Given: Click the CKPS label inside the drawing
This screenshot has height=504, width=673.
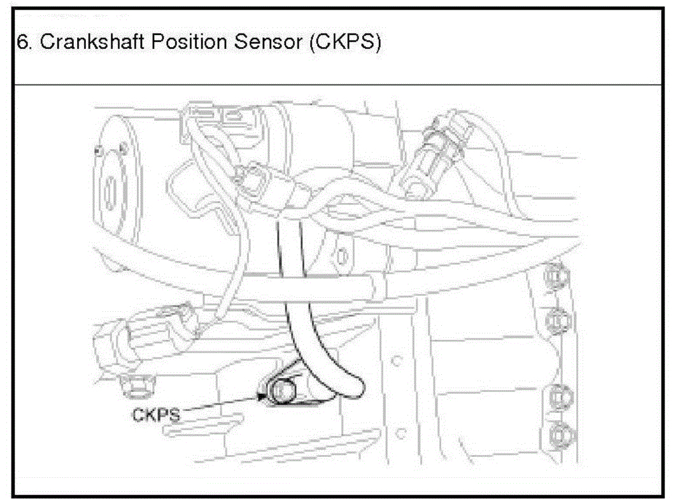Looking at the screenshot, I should tap(156, 415).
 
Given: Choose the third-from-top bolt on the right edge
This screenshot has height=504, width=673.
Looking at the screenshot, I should tap(558, 396).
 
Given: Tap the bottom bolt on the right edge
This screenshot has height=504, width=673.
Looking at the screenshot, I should tap(558, 436).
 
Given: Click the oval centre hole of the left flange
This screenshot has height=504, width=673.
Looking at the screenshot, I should tap(112, 189).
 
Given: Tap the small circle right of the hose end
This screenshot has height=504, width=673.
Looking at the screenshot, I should tap(397, 361).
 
